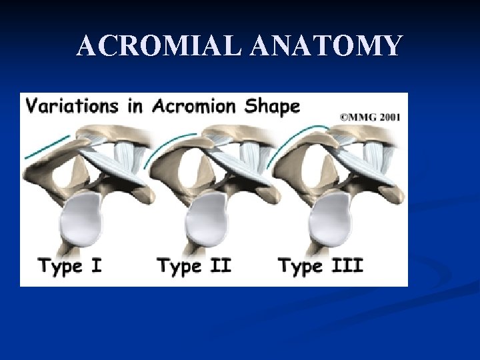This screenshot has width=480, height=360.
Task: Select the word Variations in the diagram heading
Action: [x=70, y=106]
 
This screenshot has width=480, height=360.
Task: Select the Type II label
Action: [x=193, y=267]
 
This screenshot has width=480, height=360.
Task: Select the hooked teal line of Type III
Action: [x=300, y=137]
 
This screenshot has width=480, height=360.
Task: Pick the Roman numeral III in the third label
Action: [x=348, y=267]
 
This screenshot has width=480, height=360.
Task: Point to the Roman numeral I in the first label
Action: [x=96, y=267]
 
